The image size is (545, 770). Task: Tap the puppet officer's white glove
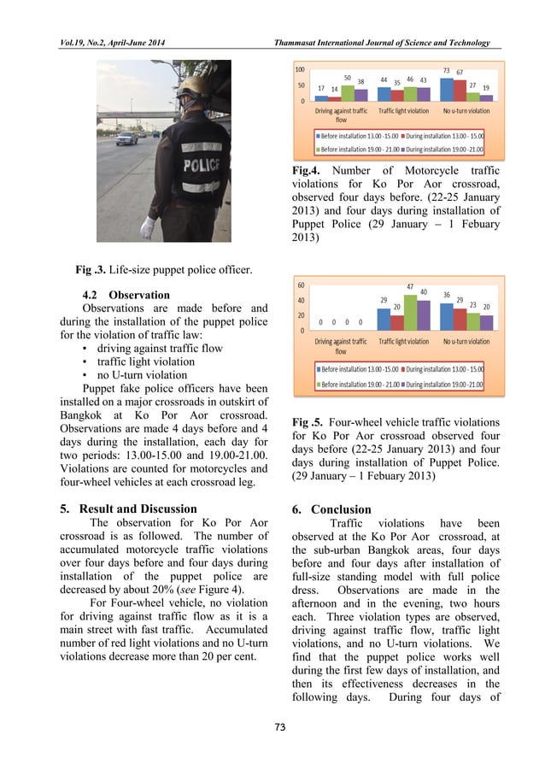[147, 227]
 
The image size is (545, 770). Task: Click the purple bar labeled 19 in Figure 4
[485, 97]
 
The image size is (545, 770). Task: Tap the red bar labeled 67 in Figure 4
[459, 90]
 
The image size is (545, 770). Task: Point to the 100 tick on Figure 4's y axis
[300, 69]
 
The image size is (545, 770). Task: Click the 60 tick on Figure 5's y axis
[302, 285]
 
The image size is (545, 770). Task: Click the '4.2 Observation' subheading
[129, 295]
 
